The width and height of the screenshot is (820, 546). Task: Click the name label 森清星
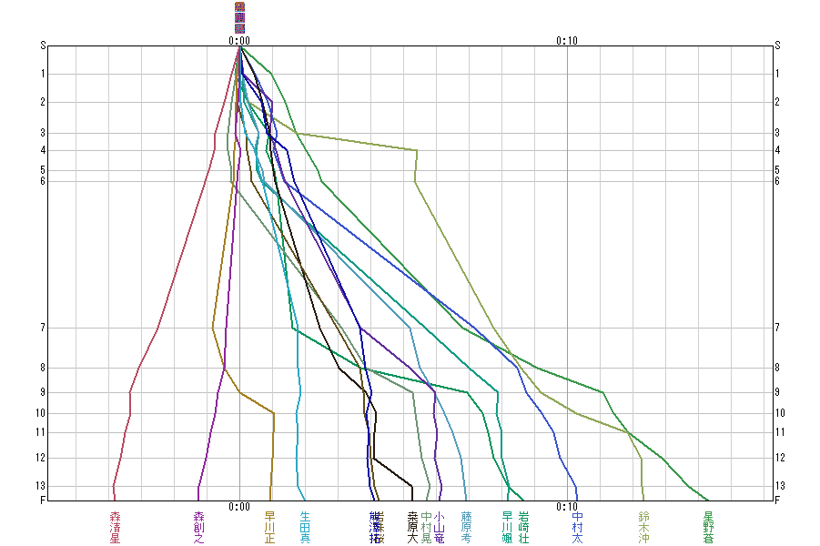[115, 527]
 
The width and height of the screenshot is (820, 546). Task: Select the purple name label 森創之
[199, 527]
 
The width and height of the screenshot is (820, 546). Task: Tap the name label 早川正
[269, 527]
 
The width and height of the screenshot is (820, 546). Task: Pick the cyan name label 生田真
[305, 527]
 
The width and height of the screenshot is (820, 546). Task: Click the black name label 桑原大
[412, 527]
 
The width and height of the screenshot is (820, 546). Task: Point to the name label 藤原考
[466, 527]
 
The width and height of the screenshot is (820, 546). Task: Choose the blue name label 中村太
[577, 527]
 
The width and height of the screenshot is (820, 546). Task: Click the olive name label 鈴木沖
[643, 527]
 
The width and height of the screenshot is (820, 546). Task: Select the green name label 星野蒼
[708, 527]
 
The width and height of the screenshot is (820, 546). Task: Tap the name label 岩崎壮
[523, 527]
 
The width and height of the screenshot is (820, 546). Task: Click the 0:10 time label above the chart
[566, 40]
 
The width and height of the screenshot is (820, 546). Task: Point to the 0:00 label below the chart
[239, 507]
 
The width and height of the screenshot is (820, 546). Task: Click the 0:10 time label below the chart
[566, 507]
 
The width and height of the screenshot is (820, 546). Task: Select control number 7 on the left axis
[43, 328]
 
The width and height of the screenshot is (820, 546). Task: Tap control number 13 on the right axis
[777, 485]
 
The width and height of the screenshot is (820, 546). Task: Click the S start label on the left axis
[43, 45]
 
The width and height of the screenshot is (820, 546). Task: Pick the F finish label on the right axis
[777, 500]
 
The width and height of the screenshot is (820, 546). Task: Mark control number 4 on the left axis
[43, 150]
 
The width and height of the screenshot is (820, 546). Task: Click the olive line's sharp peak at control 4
[417, 150]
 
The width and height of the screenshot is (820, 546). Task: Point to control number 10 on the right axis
[778, 413]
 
